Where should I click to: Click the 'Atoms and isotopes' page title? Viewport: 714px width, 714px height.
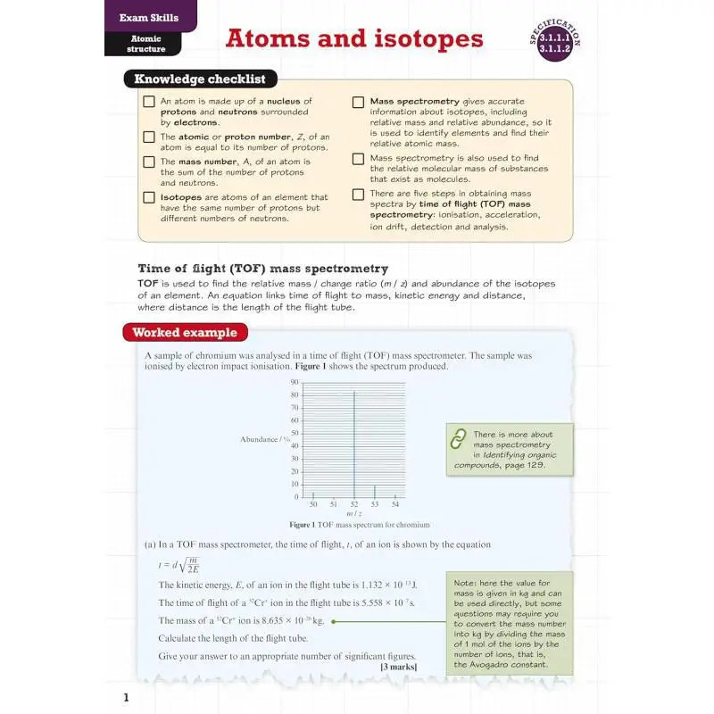point(353,39)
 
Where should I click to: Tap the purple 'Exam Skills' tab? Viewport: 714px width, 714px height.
point(149,17)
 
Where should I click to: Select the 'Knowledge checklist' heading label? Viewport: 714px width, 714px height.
point(200,79)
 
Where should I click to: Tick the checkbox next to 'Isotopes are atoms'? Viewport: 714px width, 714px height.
point(149,197)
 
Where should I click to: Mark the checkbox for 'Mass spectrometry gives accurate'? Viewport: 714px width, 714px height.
point(358,102)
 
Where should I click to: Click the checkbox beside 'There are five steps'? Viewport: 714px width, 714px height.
point(358,194)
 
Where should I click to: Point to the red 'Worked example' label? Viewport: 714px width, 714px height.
point(185,333)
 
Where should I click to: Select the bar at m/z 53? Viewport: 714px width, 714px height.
point(375,491)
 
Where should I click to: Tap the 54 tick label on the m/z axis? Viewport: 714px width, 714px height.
point(395,504)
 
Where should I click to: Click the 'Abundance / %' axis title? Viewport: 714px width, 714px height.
point(265,439)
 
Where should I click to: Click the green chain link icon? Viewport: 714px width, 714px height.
point(459,439)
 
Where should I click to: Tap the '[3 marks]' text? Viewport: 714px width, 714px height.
point(397,667)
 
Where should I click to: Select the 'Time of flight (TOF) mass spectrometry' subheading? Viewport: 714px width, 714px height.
point(262,268)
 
